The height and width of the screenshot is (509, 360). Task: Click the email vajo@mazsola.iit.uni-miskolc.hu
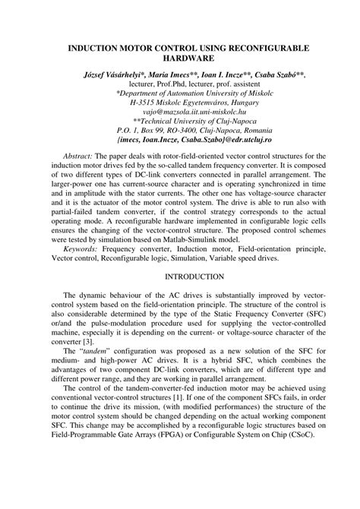point(180,111)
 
